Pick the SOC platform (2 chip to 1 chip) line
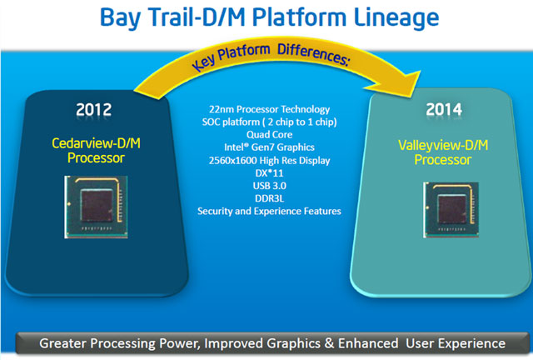pos(269,123)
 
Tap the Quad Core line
pos(269,136)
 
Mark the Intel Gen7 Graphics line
pos(269,148)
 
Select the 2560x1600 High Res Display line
pos(269,161)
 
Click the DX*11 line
pos(269,173)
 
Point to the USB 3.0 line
pos(269,186)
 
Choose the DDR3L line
pos(269,198)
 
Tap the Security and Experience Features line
pos(269,212)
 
